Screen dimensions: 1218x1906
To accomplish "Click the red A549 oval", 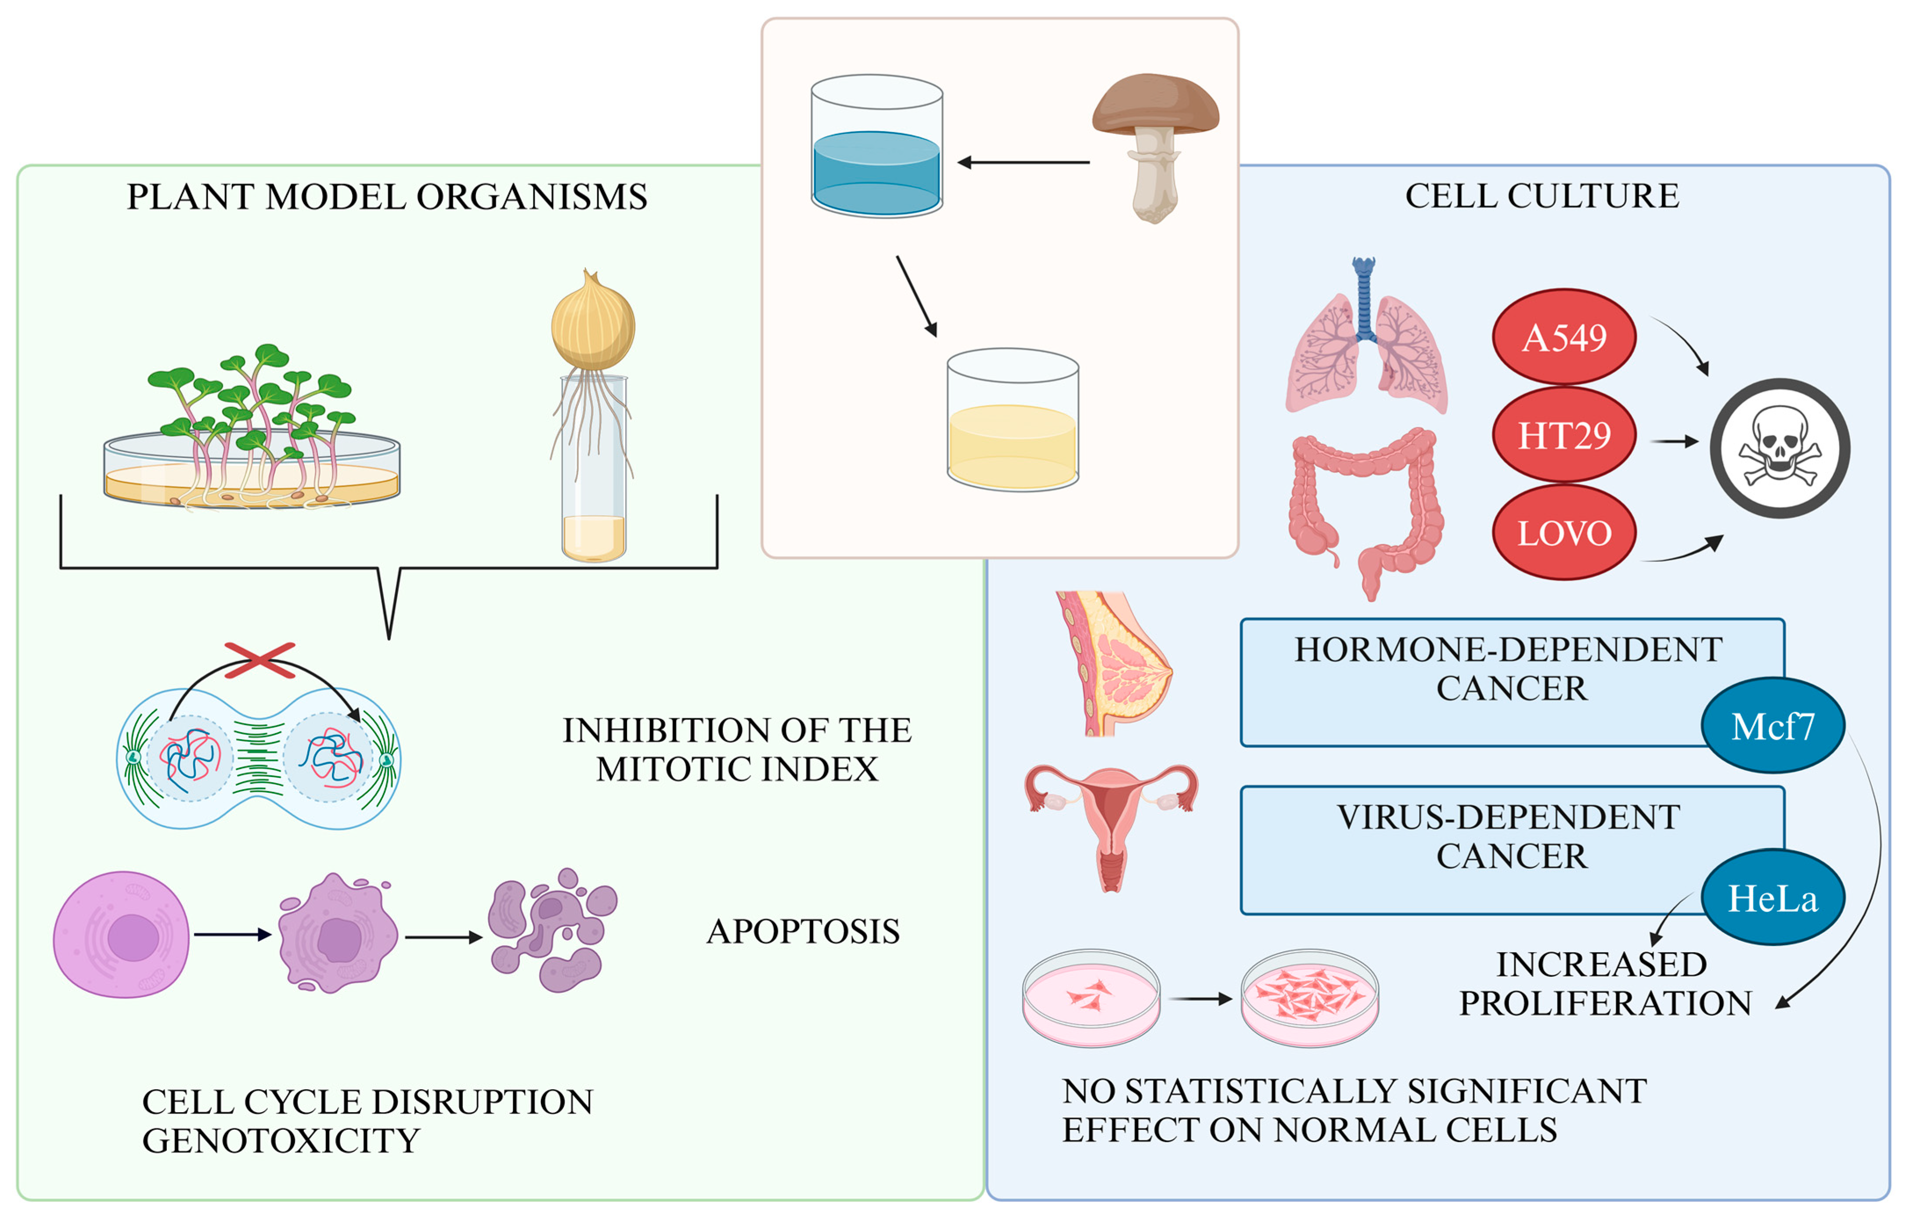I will (x=1564, y=337).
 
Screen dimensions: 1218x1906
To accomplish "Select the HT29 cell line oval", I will (x=1564, y=435).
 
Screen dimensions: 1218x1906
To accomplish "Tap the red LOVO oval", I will (x=1564, y=533).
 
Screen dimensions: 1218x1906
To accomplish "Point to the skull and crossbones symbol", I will (x=1780, y=448).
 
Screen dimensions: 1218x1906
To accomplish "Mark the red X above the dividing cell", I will (x=259, y=660).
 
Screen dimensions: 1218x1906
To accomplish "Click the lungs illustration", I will (x=1366, y=340).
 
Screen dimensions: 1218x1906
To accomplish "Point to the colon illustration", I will (x=1366, y=507).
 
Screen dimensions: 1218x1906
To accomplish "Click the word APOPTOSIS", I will (x=803, y=931).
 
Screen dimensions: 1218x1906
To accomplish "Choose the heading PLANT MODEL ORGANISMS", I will (x=387, y=196).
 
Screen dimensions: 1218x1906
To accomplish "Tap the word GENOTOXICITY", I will (x=281, y=1140).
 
